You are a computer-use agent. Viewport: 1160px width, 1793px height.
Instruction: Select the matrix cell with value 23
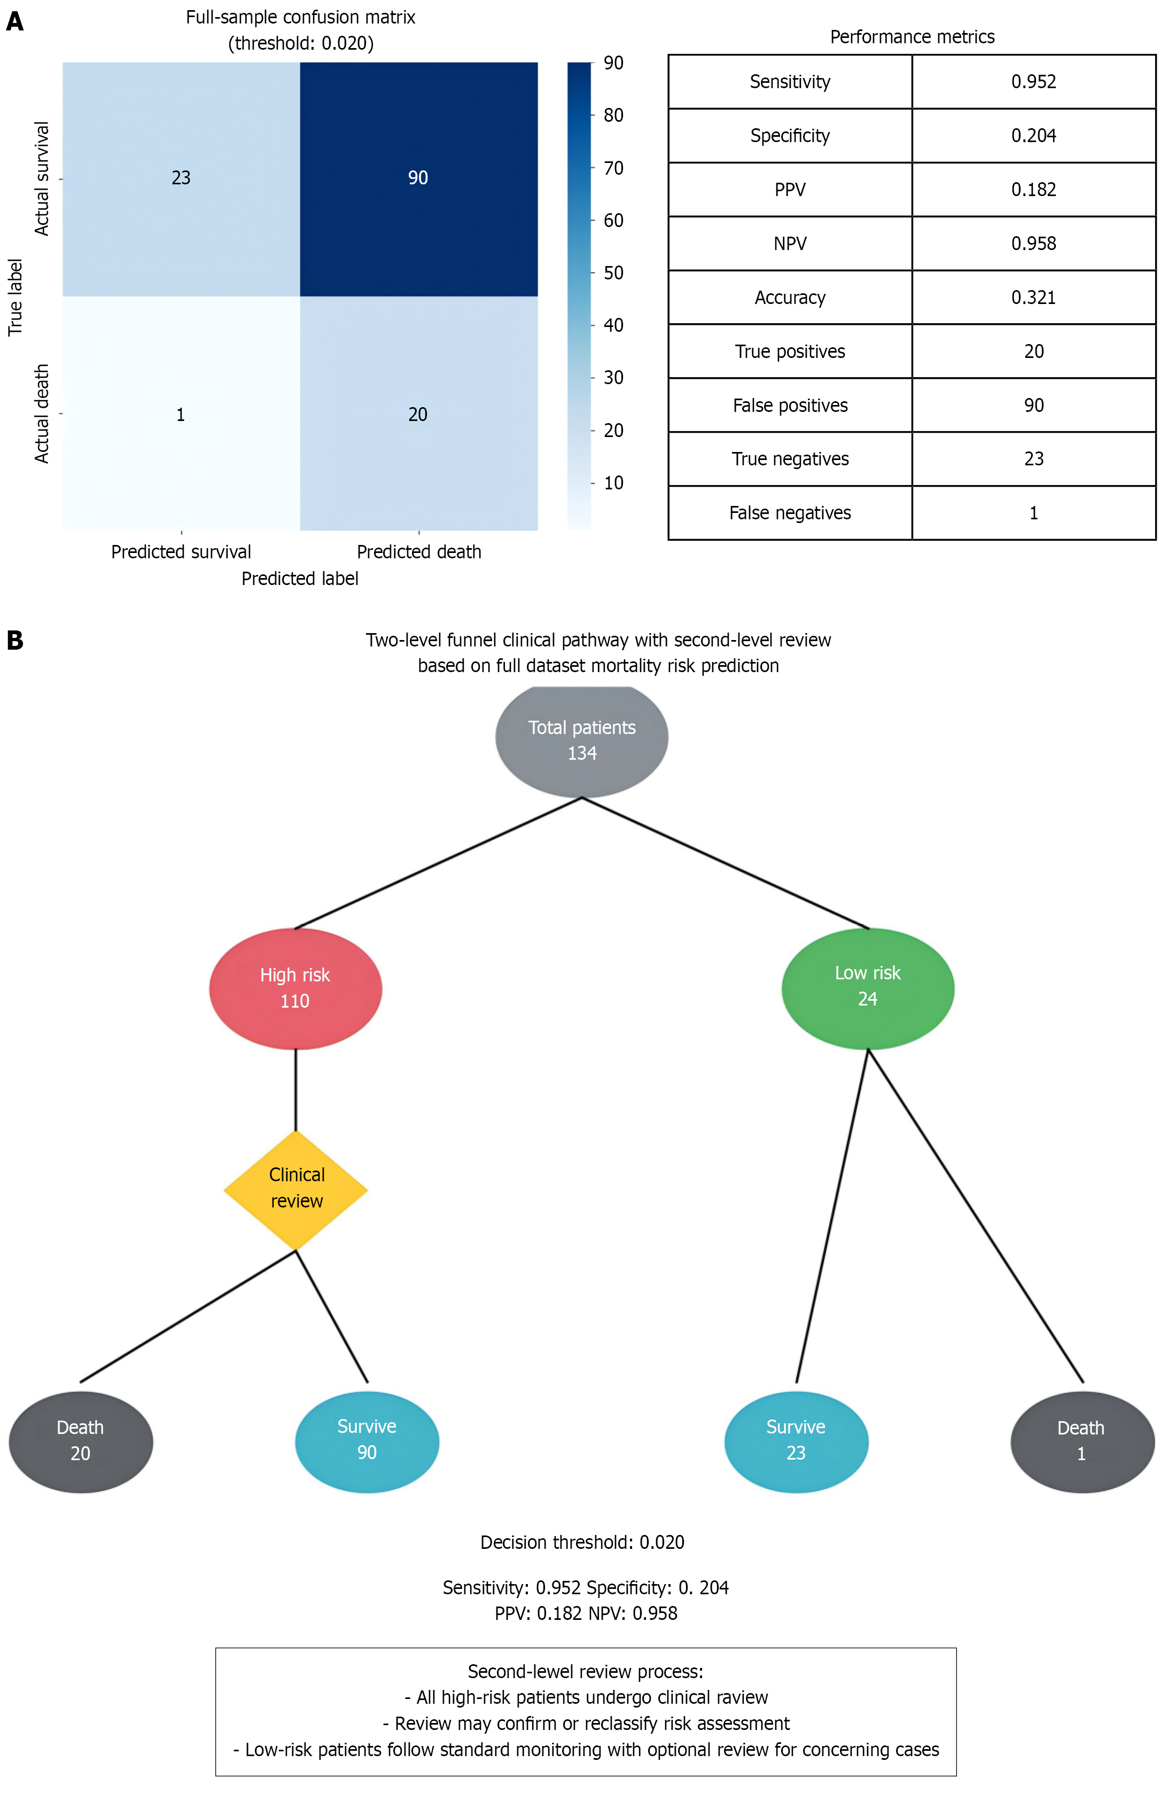181,178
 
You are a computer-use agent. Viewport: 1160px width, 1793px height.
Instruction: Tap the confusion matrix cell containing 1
181,414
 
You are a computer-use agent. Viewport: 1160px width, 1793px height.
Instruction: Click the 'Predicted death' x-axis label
419,552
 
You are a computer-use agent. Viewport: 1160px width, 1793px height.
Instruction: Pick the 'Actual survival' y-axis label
42,178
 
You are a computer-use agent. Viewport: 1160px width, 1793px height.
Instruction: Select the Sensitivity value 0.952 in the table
1033,81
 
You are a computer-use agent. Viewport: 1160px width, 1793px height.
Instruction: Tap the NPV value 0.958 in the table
1033,243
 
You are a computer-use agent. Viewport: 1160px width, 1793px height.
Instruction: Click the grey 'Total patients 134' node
581,740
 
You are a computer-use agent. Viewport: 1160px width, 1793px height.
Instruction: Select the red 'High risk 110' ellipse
295,988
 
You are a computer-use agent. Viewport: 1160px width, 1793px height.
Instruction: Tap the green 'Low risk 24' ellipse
868,986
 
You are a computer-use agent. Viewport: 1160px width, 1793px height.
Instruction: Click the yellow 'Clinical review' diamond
296,1188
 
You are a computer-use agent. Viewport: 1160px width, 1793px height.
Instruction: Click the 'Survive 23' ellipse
796,1440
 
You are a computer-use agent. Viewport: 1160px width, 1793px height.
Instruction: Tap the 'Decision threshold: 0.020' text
582,1542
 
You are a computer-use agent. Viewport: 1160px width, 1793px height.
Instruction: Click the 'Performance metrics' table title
912,37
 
